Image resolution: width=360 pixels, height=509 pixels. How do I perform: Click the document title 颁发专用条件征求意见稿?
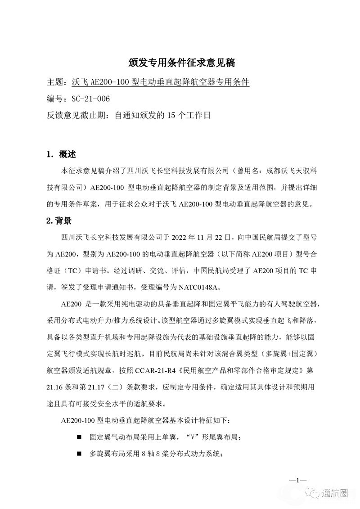(x=180, y=62)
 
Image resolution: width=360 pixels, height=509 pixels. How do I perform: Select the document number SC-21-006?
(x=88, y=99)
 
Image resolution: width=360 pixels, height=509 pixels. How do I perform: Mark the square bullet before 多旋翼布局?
(x=79, y=454)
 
